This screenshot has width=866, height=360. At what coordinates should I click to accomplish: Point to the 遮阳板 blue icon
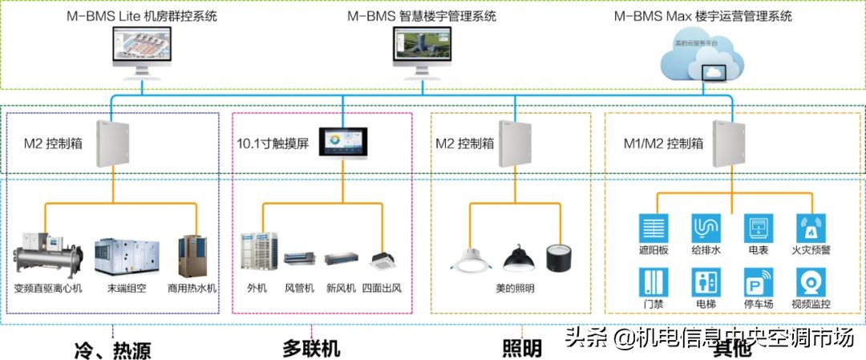tap(653, 228)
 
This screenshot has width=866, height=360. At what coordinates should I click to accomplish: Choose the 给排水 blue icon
tap(706, 228)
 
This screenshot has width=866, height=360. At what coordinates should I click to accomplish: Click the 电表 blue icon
tap(758, 228)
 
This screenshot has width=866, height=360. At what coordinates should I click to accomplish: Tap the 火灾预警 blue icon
tap(811, 228)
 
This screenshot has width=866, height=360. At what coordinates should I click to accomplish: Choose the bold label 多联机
tap(311, 349)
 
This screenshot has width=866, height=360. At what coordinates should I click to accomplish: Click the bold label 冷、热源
tap(111, 350)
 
